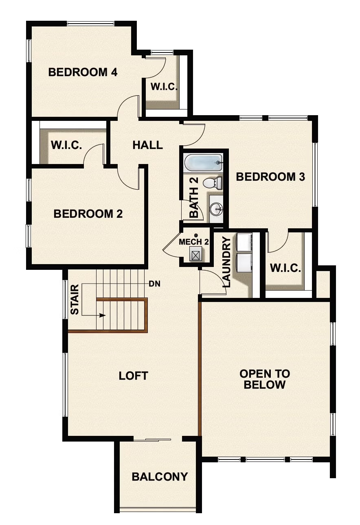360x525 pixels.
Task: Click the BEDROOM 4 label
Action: tap(83, 72)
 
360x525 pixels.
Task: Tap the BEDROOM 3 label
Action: tap(270, 177)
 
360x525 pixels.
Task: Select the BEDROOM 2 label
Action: tap(88, 214)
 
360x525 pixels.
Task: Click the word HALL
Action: tap(147, 145)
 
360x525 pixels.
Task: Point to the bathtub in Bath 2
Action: tap(203, 162)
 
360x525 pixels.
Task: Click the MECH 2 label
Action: tap(194, 242)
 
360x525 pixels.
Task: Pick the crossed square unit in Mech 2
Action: tap(196, 255)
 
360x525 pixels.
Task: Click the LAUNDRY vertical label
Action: tap(227, 262)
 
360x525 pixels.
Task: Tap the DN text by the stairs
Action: tap(154, 284)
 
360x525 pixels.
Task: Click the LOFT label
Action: tap(133, 376)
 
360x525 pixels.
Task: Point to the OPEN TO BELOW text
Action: tap(265, 379)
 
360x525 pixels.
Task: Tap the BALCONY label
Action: tap(160, 477)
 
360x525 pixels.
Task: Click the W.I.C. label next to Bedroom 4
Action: tap(163, 87)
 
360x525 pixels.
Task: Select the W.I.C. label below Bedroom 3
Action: tap(285, 269)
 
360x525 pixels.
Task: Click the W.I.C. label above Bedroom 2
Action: tap(66, 145)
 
